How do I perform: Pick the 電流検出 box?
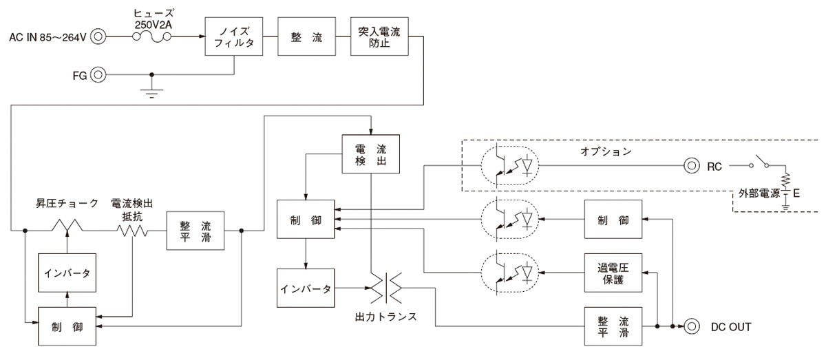(x=370, y=153)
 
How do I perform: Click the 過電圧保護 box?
(x=613, y=273)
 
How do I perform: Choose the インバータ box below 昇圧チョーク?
(x=66, y=273)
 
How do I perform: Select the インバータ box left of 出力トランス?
(x=306, y=287)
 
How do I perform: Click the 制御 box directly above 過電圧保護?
(x=613, y=220)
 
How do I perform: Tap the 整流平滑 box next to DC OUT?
(x=613, y=327)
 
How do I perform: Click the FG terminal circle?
(x=100, y=74)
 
